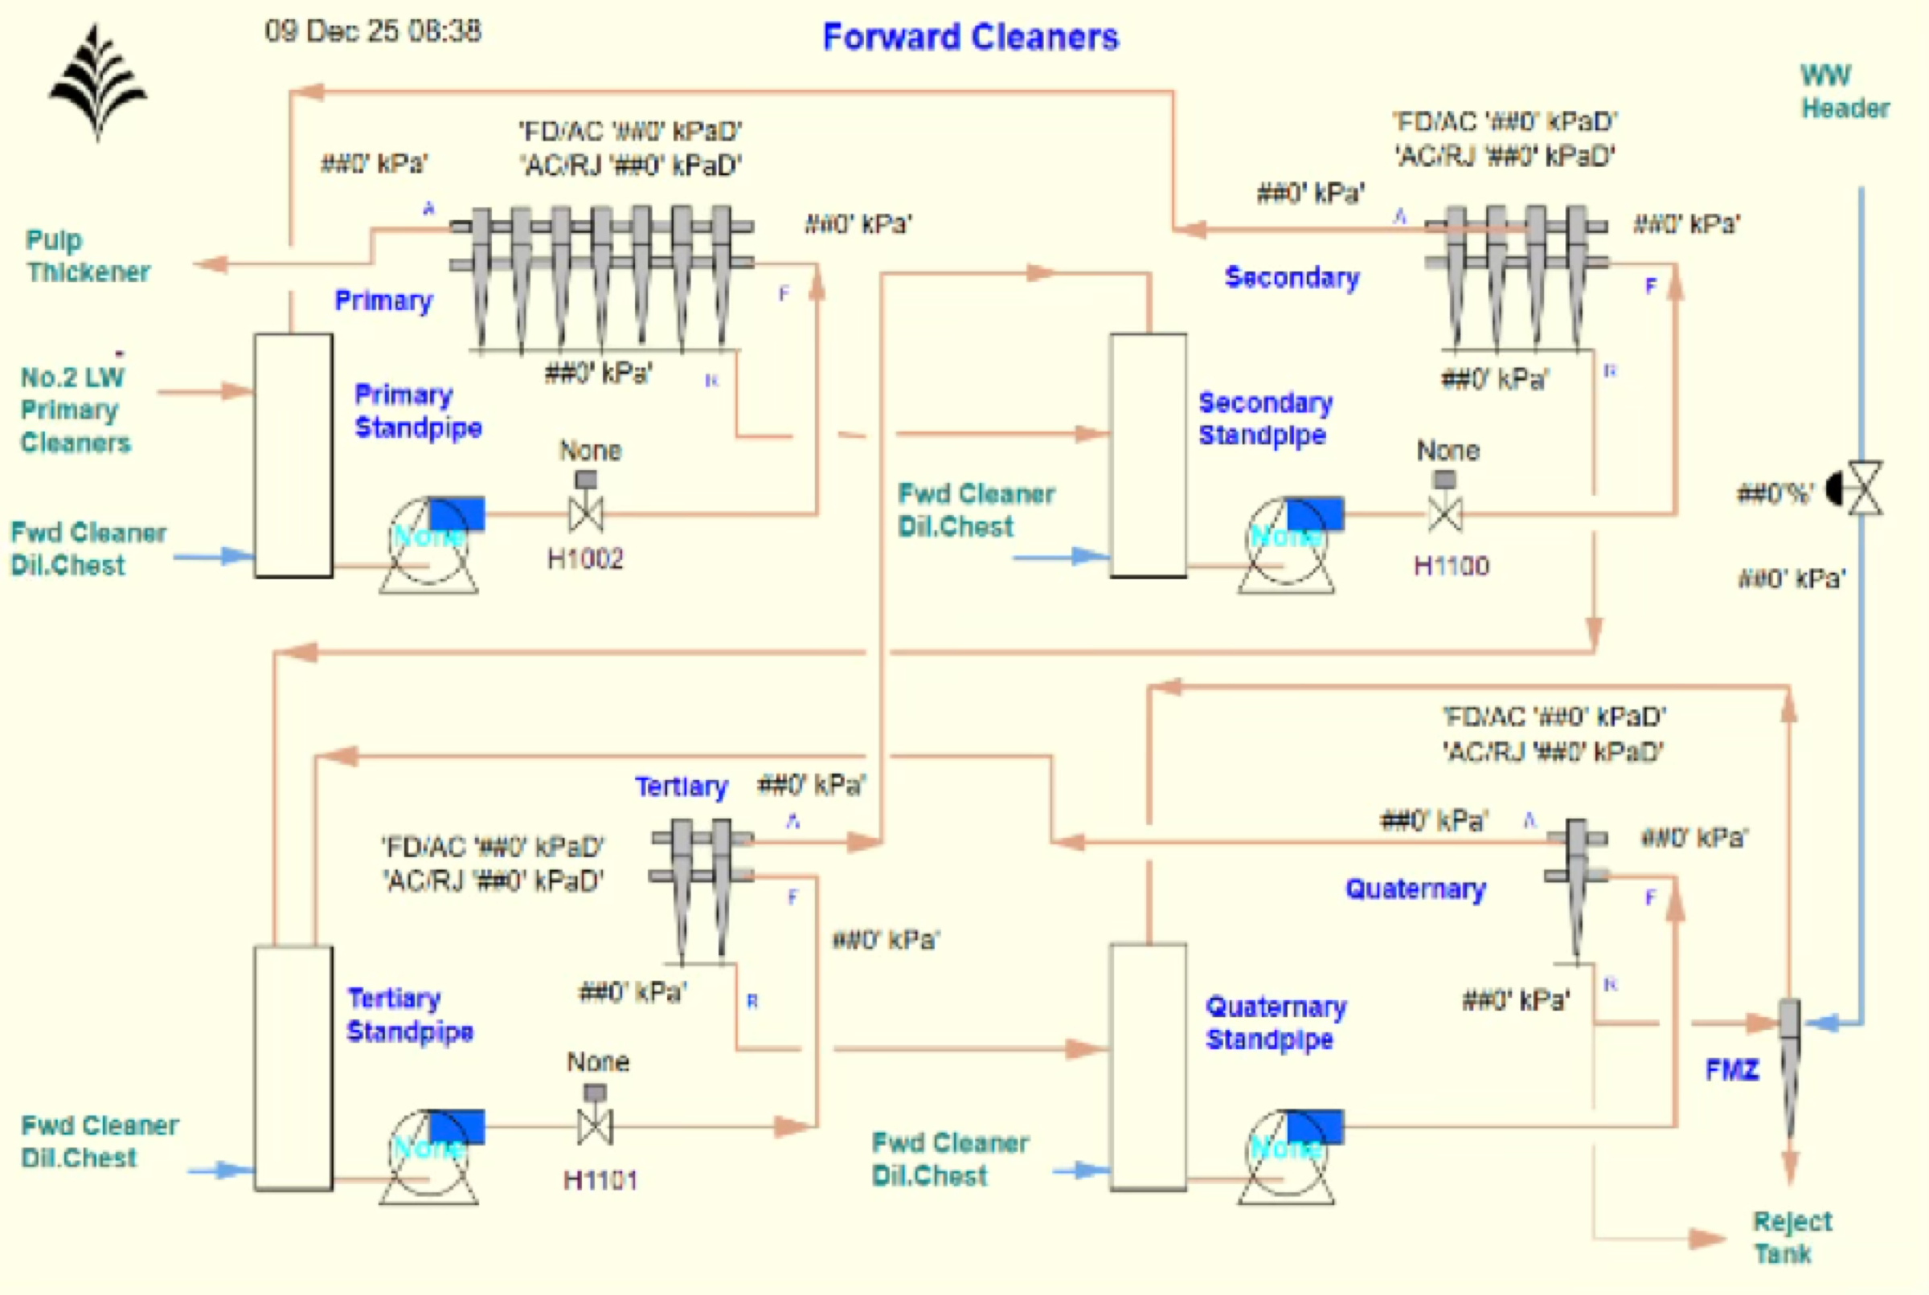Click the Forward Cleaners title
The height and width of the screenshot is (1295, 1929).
pyautogui.click(x=971, y=37)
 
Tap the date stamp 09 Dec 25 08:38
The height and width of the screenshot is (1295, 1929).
pyautogui.click(x=373, y=31)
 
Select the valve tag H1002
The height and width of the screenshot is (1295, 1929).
pyautogui.click(x=585, y=559)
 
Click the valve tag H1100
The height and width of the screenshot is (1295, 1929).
pyautogui.click(x=1451, y=566)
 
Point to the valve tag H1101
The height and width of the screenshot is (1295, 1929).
pyautogui.click(x=600, y=1180)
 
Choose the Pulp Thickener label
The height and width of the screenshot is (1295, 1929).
pyautogui.click(x=88, y=256)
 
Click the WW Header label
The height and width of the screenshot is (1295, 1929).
pyautogui.click(x=1844, y=92)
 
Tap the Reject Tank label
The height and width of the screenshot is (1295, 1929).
pyautogui.click(x=1791, y=1237)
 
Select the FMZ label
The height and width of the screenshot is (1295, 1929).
pyautogui.click(x=1731, y=1070)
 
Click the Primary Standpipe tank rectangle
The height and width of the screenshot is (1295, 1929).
pyautogui.click(x=293, y=455)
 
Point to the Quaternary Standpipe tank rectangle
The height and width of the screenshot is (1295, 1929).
pyautogui.click(x=1148, y=1067)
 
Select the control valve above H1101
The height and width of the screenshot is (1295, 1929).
pyautogui.click(x=595, y=1125)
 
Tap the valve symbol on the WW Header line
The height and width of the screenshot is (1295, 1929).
pyautogui.click(x=1865, y=489)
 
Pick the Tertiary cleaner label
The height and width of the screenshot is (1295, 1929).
pyautogui.click(x=681, y=786)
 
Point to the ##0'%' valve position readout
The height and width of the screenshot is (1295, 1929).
pyautogui.click(x=1775, y=494)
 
